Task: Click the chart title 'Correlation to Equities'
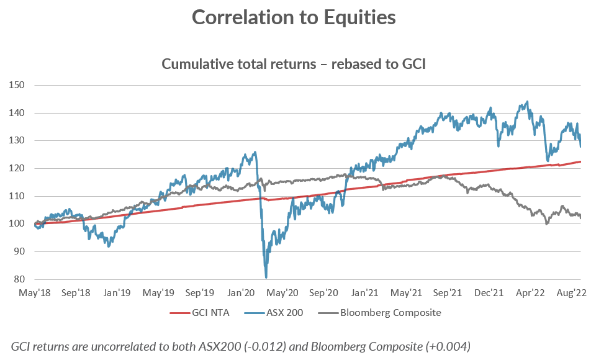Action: [x=294, y=17]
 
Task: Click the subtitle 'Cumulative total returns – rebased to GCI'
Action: [x=294, y=64]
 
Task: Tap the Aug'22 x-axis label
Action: [x=572, y=292]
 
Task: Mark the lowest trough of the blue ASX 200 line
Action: [x=266, y=277]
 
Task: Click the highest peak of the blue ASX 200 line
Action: [x=527, y=102]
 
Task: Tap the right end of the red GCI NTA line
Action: [x=580, y=161]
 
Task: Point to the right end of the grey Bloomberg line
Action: [x=580, y=217]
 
